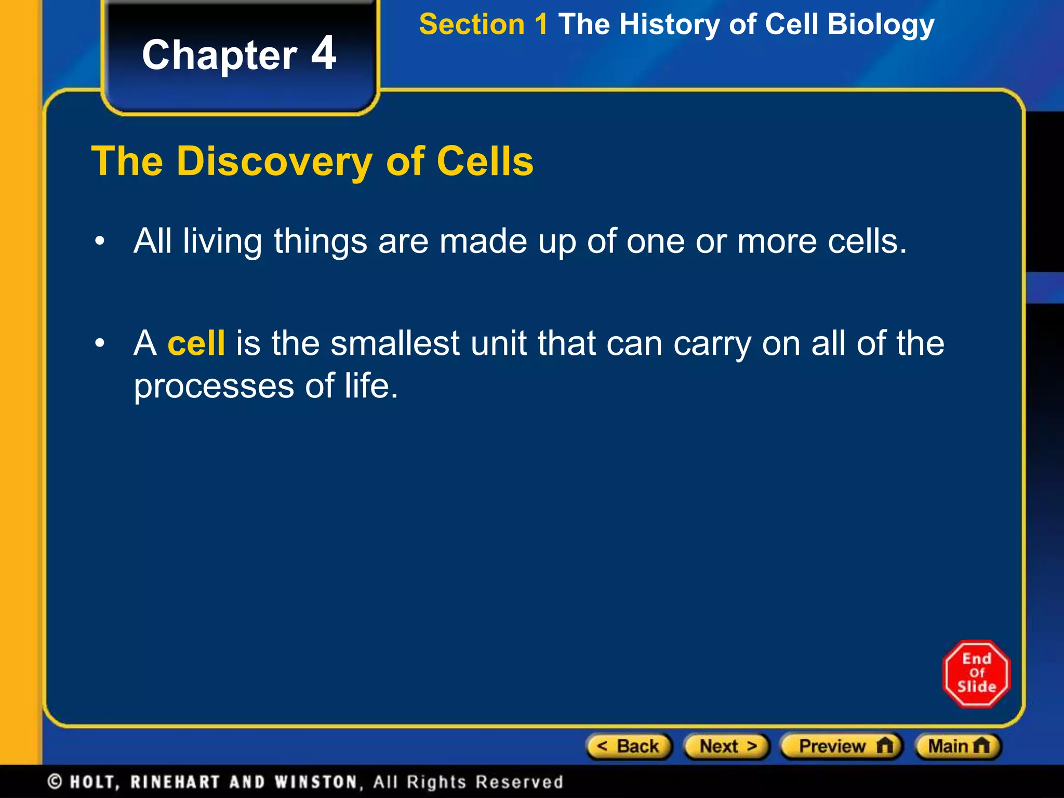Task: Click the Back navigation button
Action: [629, 747]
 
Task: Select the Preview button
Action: [842, 747]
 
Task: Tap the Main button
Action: [958, 747]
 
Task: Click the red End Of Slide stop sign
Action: [976, 674]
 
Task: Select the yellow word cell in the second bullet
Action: [196, 343]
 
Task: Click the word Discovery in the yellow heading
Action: [274, 162]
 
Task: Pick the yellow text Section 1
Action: [483, 24]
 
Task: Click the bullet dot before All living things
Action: [100, 242]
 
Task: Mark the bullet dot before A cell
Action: [100, 343]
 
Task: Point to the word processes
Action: [214, 387]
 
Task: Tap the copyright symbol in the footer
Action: [55, 781]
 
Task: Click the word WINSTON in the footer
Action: [316, 782]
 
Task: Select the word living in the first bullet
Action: [222, 242]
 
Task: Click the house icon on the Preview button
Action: [884, 746]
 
